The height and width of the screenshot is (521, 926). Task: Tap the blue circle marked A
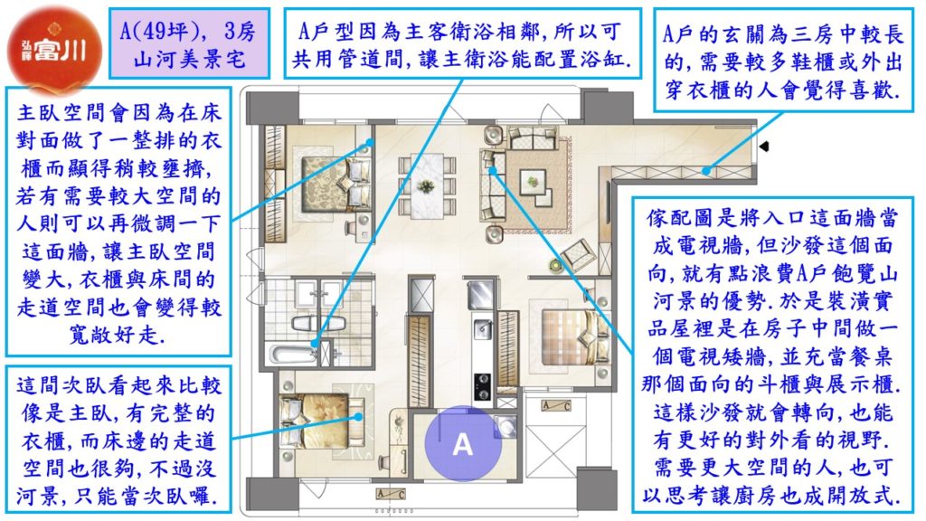[463, 443]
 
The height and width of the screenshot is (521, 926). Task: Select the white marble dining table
[427, 186]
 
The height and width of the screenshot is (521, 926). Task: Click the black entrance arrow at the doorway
[763, 146]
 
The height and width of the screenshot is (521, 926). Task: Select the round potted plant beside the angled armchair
[554, 266]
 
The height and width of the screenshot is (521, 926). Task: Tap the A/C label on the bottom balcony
[391, 494]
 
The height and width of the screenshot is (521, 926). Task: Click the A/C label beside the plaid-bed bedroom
[556, 406]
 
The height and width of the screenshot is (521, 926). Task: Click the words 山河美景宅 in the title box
[189, 59]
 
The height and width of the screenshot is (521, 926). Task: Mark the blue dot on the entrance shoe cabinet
[705, 171]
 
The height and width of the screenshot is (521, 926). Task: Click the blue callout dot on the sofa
[493, 171]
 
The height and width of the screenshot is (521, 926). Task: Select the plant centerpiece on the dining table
[427, 186]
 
